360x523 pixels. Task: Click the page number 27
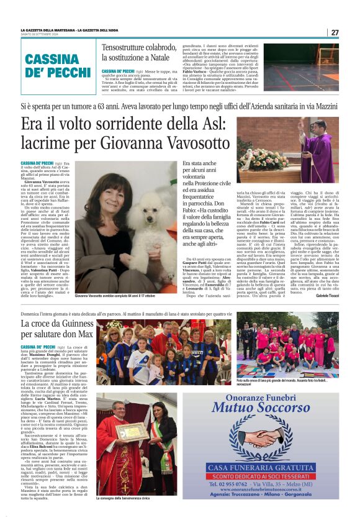[x=335, y=32]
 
